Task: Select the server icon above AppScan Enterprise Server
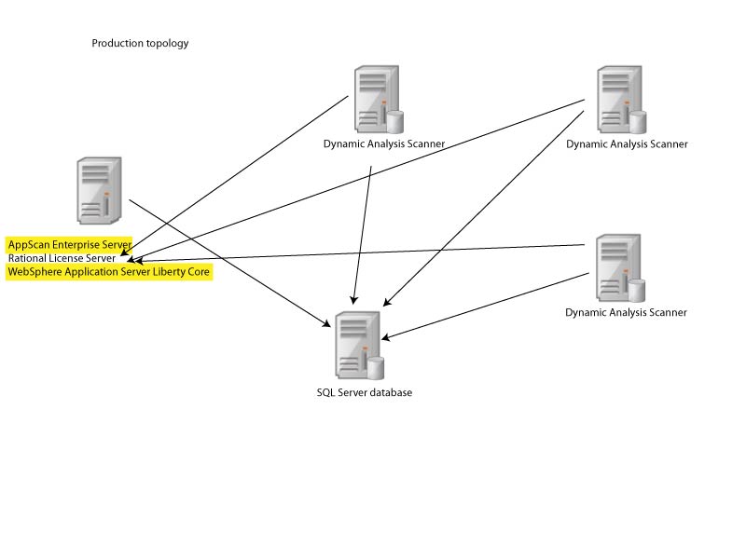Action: [99, 190]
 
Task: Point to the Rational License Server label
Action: [62, 258]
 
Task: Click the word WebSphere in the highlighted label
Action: [34, 272]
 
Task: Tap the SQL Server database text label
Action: [364, 392]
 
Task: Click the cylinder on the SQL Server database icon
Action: [376, 367]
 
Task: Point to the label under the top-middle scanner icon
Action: [383, 144]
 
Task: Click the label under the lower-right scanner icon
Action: [626, 313]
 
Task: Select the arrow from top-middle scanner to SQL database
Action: [364, 233]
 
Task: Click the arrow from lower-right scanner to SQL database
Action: [485, 306]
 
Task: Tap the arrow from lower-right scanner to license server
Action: [373, 252]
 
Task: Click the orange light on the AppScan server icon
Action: [107, 194]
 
